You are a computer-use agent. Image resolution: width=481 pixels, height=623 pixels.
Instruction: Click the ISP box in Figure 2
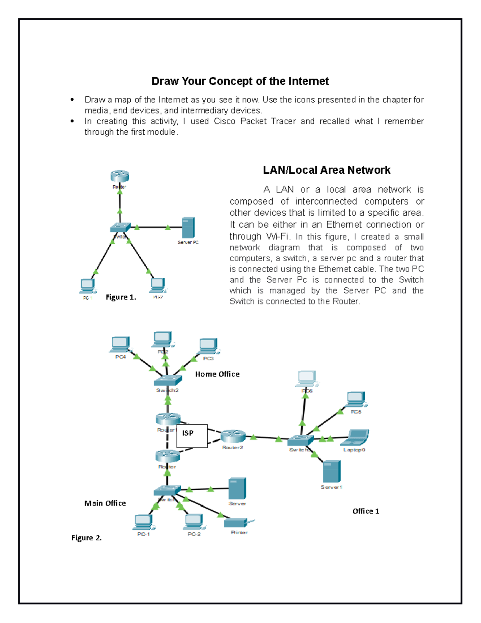point(192,436)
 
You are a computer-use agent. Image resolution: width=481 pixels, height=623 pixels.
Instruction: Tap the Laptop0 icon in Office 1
point(355,438)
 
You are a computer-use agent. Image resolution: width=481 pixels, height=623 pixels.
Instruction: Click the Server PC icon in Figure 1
point(188,228)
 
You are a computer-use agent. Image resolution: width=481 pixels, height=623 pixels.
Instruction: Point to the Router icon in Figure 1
point(120,176)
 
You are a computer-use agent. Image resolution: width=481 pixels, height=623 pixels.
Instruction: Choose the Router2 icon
point(233,436)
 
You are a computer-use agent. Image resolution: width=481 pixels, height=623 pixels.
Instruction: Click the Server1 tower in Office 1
point(332,471)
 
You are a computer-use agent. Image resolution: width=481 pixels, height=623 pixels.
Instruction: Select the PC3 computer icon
point(208,346)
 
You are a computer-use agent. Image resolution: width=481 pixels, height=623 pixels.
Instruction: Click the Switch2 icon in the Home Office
point(168,380)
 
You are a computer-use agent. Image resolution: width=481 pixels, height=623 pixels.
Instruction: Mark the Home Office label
point(217,374)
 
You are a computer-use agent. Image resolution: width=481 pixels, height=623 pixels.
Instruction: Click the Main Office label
point(105,503)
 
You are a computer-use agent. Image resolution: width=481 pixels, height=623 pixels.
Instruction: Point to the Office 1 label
point(366,511)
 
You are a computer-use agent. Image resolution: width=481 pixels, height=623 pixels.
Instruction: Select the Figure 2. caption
point(87,538)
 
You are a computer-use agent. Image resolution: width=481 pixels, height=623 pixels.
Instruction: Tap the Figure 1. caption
point(121,297)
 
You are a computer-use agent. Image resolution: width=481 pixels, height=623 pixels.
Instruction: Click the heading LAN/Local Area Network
point(326,170)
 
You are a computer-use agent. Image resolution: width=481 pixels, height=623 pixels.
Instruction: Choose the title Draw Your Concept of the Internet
point(240,81)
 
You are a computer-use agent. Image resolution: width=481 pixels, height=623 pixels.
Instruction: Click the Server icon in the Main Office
point(237,488)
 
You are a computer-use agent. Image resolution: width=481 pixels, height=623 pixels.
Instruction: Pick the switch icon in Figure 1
point(120,227)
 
